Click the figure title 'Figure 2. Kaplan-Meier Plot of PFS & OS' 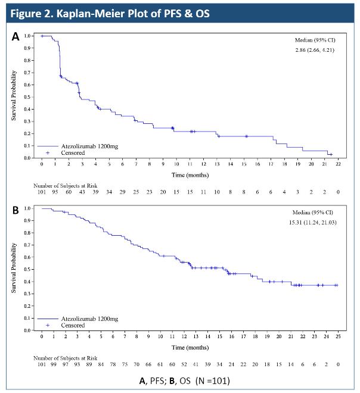(x=110, y=13)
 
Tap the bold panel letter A (x=15, y=36)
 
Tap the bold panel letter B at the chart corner (x=15, y=210)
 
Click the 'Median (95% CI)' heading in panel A (x=315, y=40)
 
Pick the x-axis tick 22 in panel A (x=338, y=164)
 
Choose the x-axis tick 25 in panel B (x=338, y=336)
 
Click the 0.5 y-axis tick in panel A (x=27, y=97)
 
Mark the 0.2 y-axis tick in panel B (x=27, y=306)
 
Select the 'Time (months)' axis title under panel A (x=190, y=175)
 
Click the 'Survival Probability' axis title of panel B (x=14, y=268)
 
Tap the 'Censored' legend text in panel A (x=73, y=153)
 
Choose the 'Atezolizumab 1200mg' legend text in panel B (x=89, y=319)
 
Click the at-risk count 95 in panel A (x=55, y=192)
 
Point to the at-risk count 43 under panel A (x=82, y=192)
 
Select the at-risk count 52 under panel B (x=184, y=364)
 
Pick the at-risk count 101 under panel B (x=42, y=364)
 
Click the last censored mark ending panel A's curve (x=331, y=154)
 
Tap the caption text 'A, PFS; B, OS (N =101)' (x=184, y=380)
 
